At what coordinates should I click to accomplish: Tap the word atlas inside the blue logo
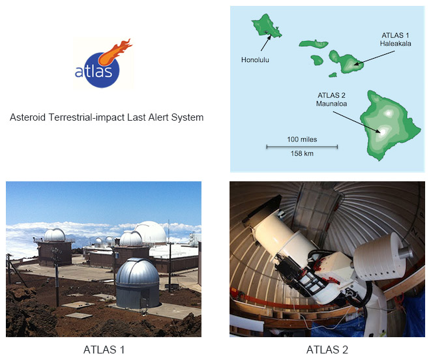pyautogui.click(x=94, y=70)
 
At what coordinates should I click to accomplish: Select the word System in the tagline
pyautogui.click(x=187, y=117)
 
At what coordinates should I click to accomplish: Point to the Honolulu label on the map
pyautogui.click(x=255, y=60)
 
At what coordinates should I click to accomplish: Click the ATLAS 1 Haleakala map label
pyautogui.click(x=395, y=39)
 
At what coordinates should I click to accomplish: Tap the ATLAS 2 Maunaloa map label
pyautogui.click(x=331, y=100)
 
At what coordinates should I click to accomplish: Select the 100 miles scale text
pyautogui.click(x=302, y=139)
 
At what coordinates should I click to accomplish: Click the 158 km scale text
pyautogui.click(x=302, y=153)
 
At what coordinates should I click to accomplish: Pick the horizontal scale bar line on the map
pyautogui.click(x=302, y=147)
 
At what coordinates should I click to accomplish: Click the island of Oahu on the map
pyautogui.click(x=266, y=25)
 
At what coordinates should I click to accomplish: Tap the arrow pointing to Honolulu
pyautogui.click(x=265, y=43)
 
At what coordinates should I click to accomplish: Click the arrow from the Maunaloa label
pyautogui.click(x=357, y=123)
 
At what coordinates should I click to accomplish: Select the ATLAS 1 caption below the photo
pyautogui.click(x=104, y=350)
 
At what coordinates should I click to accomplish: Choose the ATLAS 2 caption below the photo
pyautogui.click(x=327, y=350)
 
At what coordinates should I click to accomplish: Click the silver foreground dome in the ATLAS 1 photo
pyautogui.click(x=138, y=283)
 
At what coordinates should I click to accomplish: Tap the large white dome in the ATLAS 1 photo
pyautogui.click(x=151, y=232)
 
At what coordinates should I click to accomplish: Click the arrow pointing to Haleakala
pyautogui.click(x=374, y=58)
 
